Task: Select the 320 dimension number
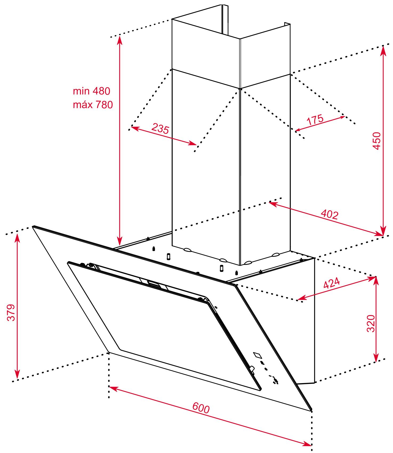371,323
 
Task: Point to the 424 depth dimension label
331,284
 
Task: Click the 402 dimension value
329,214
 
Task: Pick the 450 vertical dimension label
377,141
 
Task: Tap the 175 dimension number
315,120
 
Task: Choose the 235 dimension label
160,128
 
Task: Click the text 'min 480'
91,91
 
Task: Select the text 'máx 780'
93,105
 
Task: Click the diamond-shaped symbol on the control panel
258,355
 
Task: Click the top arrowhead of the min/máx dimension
120,40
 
